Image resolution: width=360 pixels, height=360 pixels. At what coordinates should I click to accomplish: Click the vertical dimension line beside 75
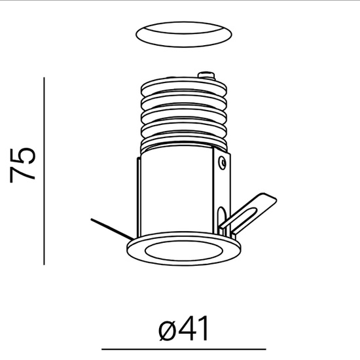tap(44, 170)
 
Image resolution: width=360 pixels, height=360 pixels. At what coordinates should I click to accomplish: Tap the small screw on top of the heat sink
tap(208, 74)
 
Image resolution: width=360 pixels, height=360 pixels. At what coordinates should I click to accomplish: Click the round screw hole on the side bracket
tap(223, 159)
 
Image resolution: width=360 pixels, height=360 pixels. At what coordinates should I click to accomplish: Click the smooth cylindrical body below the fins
tap(177, 190)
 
